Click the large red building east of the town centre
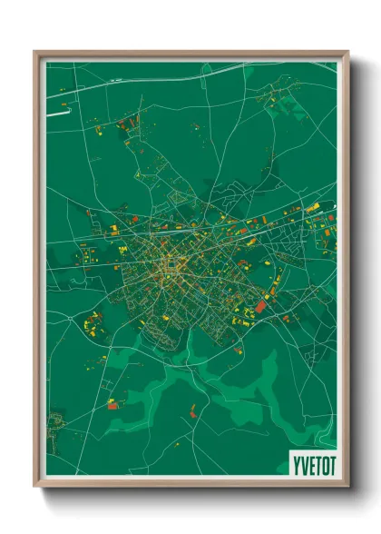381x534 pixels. point(261,306)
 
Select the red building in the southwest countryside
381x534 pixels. point(112,407)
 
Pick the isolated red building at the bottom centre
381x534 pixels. point(194,410)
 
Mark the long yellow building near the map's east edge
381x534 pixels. point(312,208)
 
